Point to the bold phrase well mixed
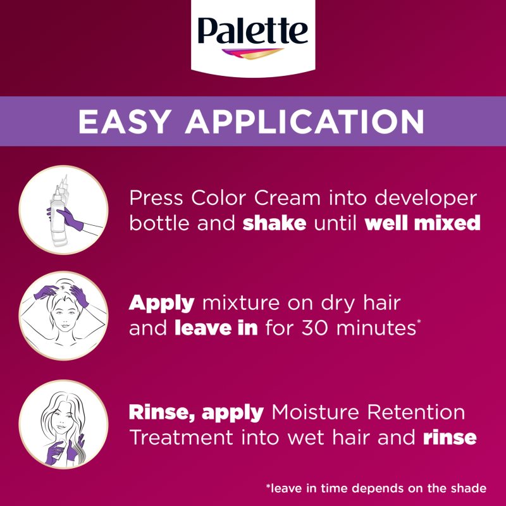coord(423,223)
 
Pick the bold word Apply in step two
coord(161,304)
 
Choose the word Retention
coord(423,413)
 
